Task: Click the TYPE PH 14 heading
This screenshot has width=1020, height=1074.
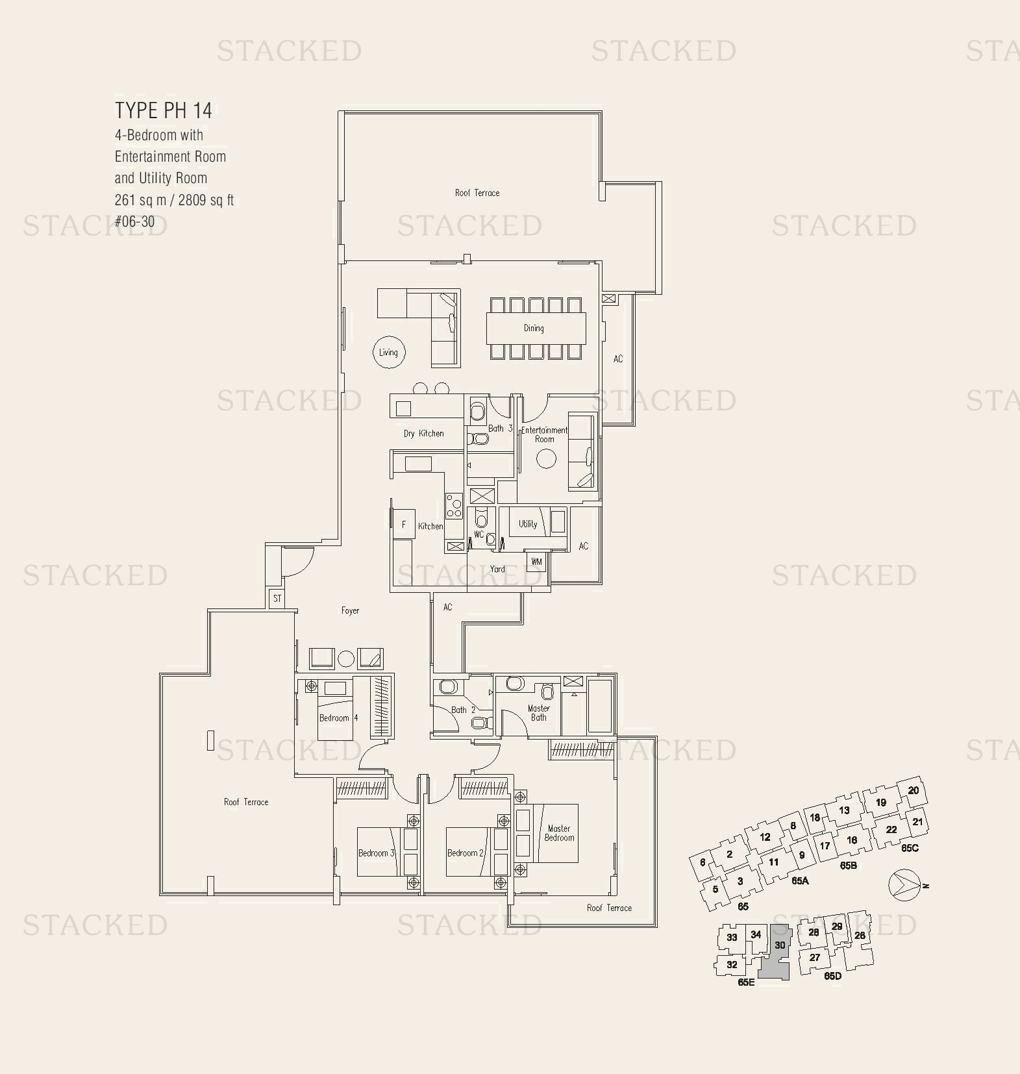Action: pyautogui.click(x=164, y=110)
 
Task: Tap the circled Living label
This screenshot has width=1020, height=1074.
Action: pyautogui.click(x=388, y=353)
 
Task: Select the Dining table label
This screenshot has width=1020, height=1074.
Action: pyautogui.click(x=534, y=328)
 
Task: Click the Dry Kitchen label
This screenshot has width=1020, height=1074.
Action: pyautogui.click(x=423, y=434)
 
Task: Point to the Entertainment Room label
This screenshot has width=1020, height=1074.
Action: pyautogui.click(x=544, y=434)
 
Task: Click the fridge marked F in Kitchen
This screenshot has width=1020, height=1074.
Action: pyautogui.click(x=404, y=525)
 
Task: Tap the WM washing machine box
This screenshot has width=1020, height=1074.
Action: pyautogui.click(x=536, y=562)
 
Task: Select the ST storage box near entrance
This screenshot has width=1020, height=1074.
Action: pyautogui.click(x=277, y=598)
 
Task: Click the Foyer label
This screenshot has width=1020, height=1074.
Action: pyautogui.click(x=350, y=610)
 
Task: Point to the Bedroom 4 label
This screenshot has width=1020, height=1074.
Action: pyautogui.click(x=338, y=718)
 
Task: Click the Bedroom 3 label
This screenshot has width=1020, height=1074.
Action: pyautogui.click(x=376, y=853)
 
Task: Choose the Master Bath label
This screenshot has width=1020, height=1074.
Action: pyautogui.click(x=539, y=713)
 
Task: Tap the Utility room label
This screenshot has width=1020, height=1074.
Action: pyautogui.click(x=527, y=524)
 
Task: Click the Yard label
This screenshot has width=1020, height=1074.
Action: pyautogui.click(x=497, y=569)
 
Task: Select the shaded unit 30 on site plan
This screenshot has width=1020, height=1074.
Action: pyautogui.click(x=777, y=952)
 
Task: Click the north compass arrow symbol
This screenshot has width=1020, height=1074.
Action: pyautogui.click(x=904, y=886)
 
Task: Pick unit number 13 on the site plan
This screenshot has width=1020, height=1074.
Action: pyautogui.click(x=843, y=810)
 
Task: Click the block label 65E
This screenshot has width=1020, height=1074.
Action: pyautogui.click(x=746, y=982)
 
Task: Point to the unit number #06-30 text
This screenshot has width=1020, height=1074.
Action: pyautogui.click(x=134, y=221)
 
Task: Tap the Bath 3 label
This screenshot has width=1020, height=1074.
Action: pyautogui.click(x=500, y=429)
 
